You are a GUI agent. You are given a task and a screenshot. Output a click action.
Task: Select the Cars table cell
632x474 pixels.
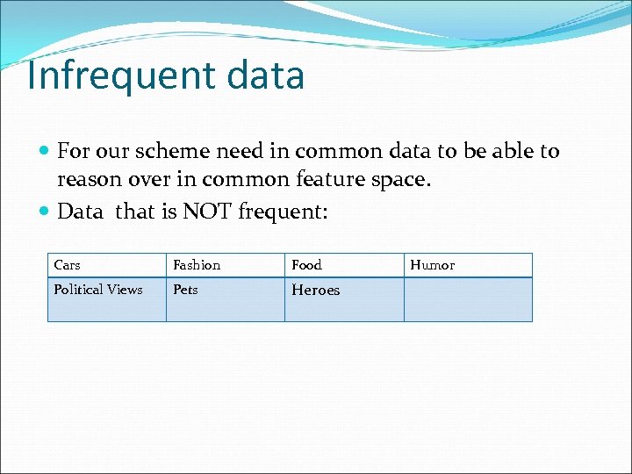click(106, 265)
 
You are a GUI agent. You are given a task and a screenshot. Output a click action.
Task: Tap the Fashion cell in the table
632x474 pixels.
click(225, 265)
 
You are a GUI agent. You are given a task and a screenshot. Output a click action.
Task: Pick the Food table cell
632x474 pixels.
click(343, 265)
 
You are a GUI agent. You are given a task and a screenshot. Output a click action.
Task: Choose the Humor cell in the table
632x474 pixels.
click(467, 265)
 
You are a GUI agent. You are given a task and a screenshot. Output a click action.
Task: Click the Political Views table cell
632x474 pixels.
click(106, 298)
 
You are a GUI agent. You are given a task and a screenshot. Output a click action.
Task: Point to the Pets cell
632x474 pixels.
click(225, 298)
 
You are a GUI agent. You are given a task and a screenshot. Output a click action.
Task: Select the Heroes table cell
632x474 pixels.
click(343, 298)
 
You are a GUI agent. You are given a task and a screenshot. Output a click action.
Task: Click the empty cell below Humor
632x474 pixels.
click(467, 299)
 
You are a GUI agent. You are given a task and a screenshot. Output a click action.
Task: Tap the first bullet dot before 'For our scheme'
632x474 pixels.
click(46, 152)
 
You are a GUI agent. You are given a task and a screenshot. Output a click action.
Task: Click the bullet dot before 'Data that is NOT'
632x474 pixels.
click(46, 212)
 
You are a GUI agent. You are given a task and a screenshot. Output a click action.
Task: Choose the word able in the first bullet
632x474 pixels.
click(506, 151)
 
